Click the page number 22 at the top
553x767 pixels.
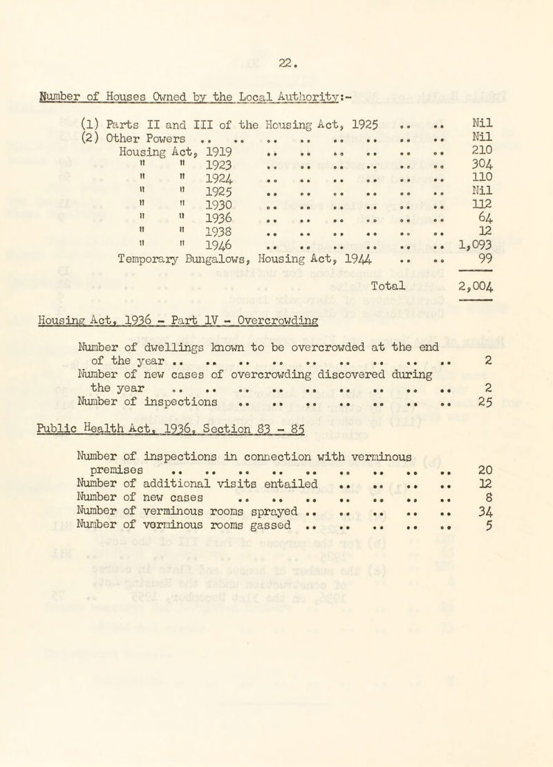click(283, 50)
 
